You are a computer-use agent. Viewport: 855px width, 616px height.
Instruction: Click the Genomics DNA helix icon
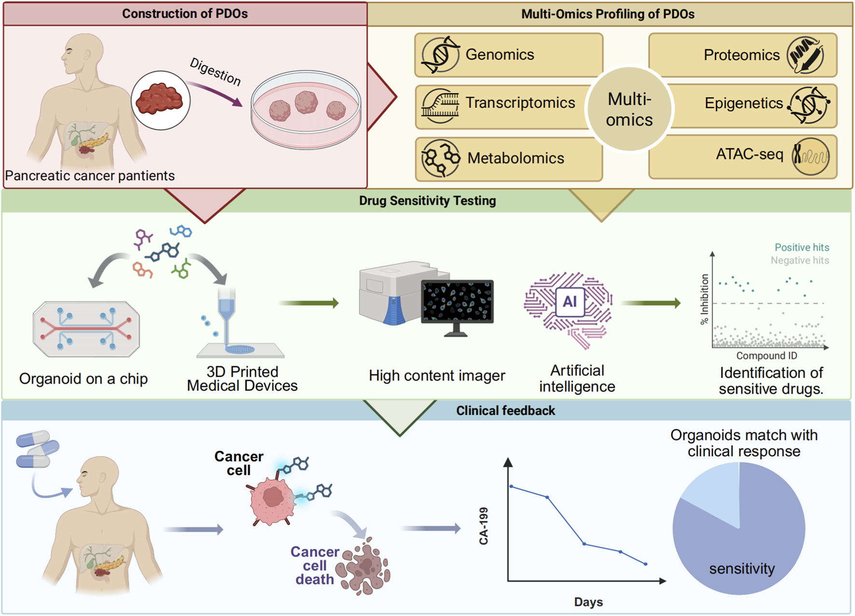point(440,55)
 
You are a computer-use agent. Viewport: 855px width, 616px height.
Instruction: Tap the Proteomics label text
point(741,55)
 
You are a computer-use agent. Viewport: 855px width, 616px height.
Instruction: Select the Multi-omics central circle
point(629,110)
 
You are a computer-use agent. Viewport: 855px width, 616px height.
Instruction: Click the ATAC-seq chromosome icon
point(810,156)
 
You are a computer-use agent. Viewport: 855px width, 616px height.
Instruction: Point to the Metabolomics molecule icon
point(440,158)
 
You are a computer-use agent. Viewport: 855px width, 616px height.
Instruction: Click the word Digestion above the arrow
point(215,71)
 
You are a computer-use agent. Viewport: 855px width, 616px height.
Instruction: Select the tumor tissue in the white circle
point(160,99)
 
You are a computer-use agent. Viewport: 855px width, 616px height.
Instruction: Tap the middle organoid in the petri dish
point(306,102)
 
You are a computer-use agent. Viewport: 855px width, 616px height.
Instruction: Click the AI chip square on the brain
point(570,302)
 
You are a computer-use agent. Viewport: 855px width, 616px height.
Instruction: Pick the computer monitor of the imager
point(457,302)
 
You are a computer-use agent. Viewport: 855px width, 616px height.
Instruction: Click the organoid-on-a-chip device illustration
point(86,329)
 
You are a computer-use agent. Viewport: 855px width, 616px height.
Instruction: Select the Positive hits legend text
point(801,247)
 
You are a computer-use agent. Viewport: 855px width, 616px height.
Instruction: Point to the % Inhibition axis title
point(704,299)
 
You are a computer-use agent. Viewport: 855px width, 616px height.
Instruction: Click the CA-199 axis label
point(483,526)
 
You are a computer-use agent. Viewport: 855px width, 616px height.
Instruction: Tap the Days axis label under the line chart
point(588,602)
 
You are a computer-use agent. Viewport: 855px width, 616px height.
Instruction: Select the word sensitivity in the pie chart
point(742,569)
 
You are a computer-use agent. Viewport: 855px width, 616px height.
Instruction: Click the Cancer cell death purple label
point(315,565)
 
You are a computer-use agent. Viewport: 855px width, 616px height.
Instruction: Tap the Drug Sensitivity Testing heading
point(427,201)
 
